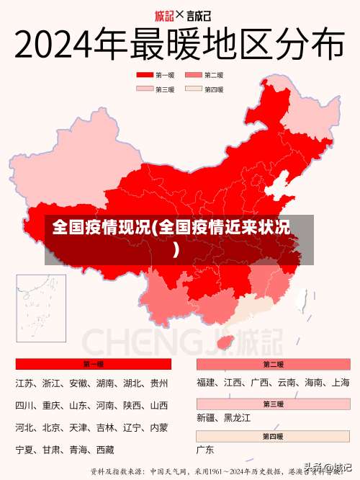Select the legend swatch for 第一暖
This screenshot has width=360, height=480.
(145, 75)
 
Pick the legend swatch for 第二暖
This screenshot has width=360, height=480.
(193, 75)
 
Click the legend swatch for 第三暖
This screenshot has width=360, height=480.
(145, 89)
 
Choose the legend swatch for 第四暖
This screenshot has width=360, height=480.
(193, 89)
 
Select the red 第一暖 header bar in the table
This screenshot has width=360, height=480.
(93, 364)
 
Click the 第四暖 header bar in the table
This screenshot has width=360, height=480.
(273, 436)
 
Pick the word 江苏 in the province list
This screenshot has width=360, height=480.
(24, 383)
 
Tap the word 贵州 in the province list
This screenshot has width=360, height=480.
(158, 383)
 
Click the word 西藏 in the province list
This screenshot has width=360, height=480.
(104, 450)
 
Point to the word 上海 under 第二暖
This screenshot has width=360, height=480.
(340, 383)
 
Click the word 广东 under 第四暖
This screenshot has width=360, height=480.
(205, 450)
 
